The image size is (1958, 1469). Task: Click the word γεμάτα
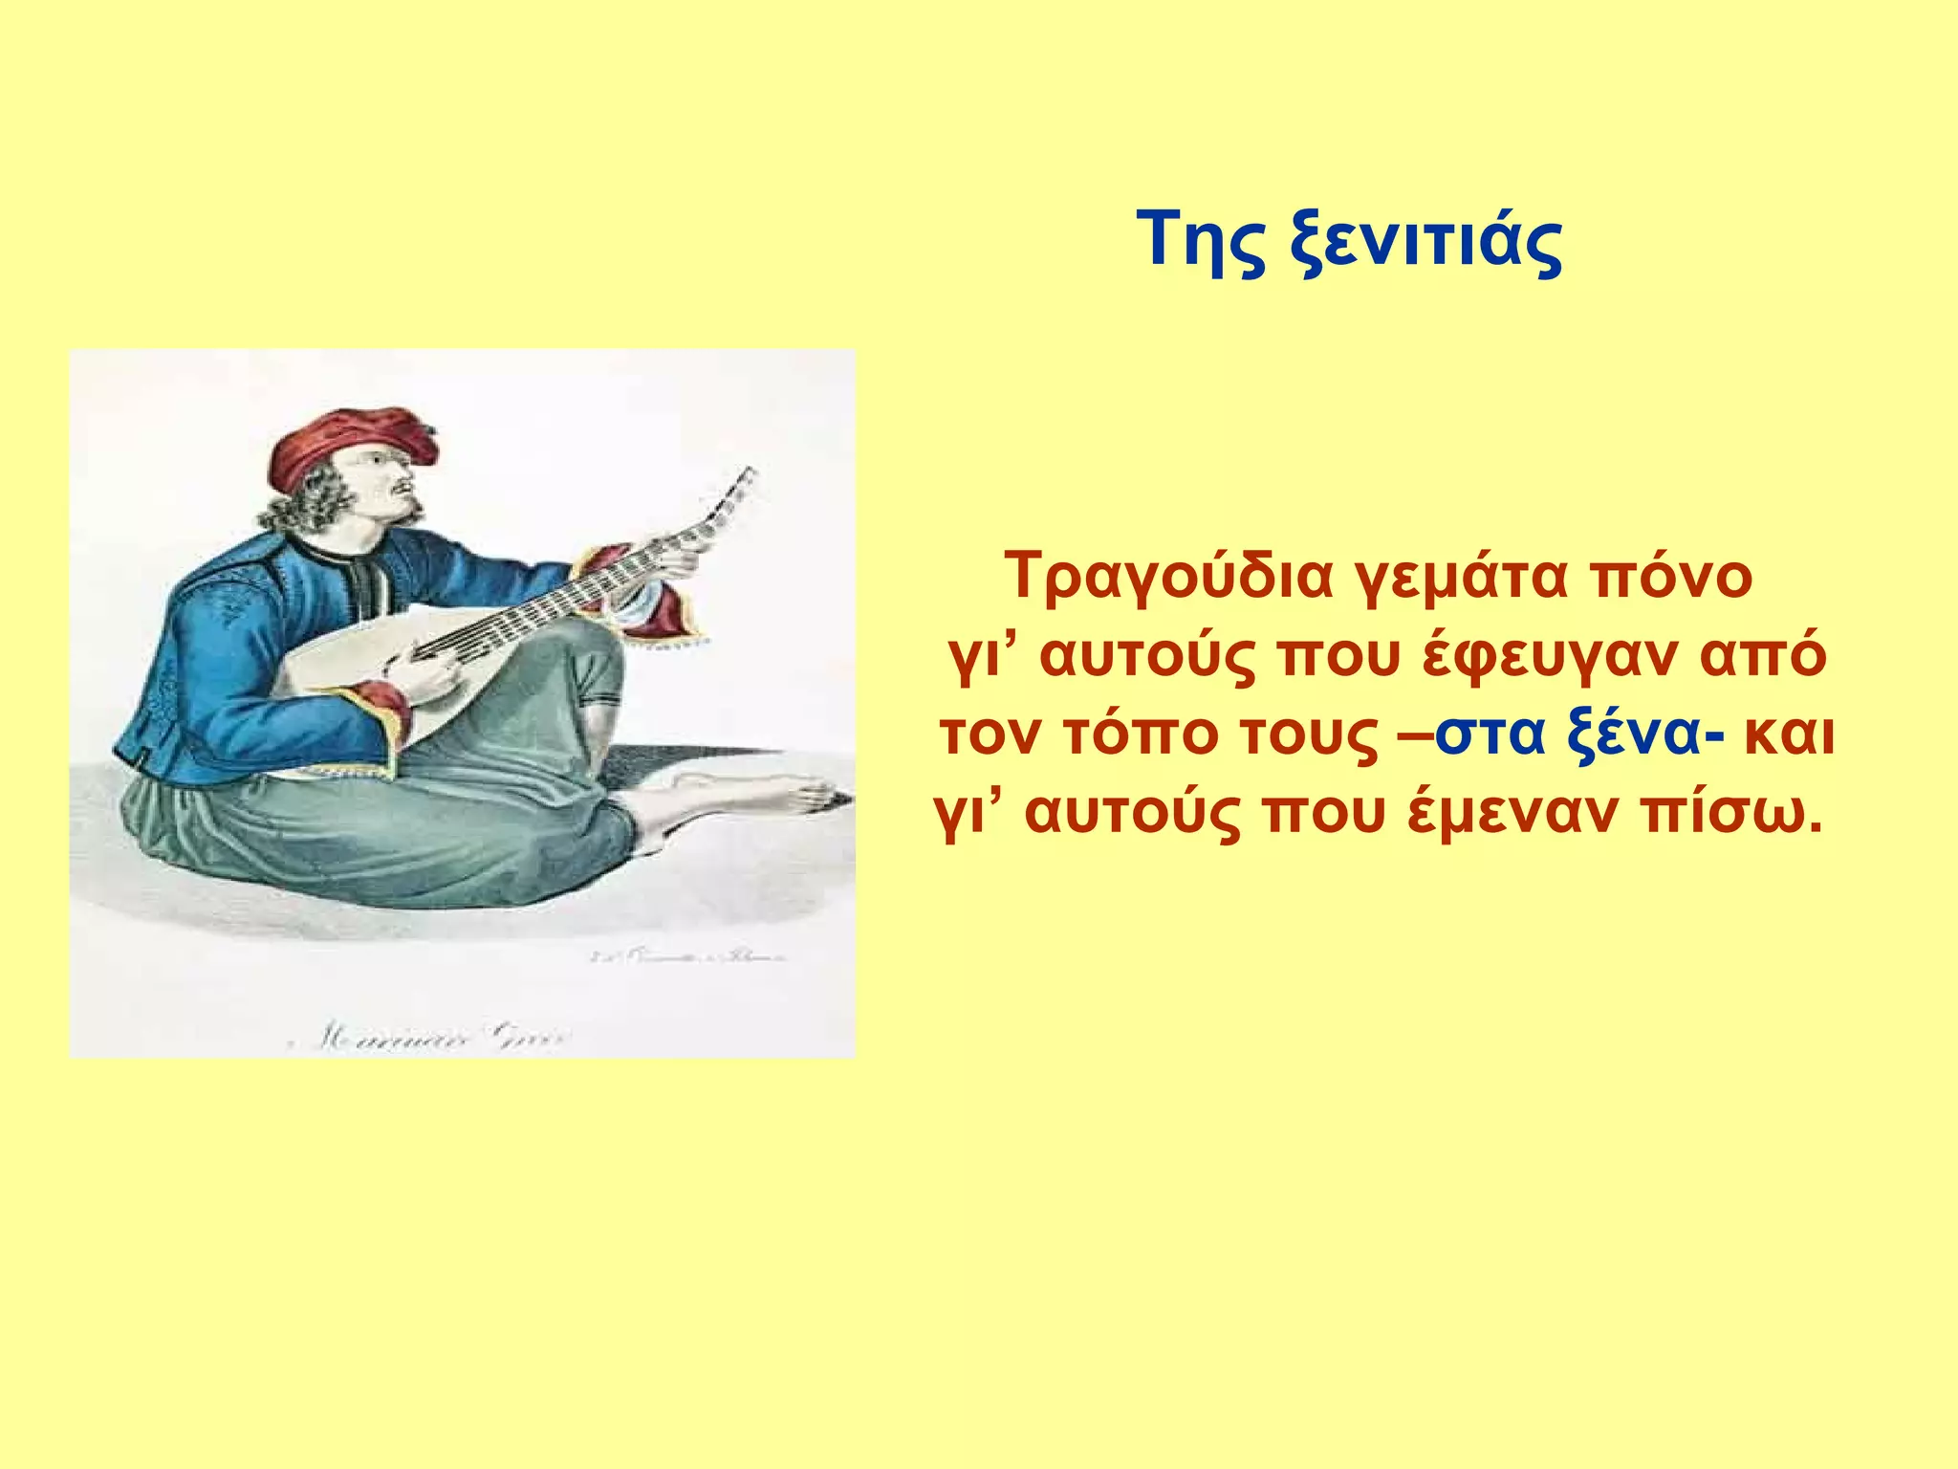click(x=1462, y=578)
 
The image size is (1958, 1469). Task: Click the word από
click(x=1766, y=658)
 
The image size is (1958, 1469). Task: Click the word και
click(x=1789, y=734)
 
